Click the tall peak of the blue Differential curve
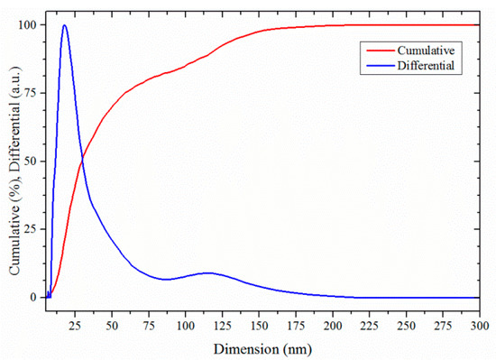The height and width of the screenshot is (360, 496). [64, 25]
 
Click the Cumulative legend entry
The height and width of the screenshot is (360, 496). [425, 52]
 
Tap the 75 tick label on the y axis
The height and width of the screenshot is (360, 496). [32, 93]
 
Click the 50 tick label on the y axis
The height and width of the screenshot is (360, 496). [32, 162]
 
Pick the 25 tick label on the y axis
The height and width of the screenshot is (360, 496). [32, 229]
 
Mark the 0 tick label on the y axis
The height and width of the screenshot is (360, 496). [34, 297]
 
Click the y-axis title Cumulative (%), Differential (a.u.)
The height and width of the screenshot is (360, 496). [14, 161]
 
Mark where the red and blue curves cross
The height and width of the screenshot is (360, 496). [82, 160]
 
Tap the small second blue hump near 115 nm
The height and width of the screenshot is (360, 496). [208, 272]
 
